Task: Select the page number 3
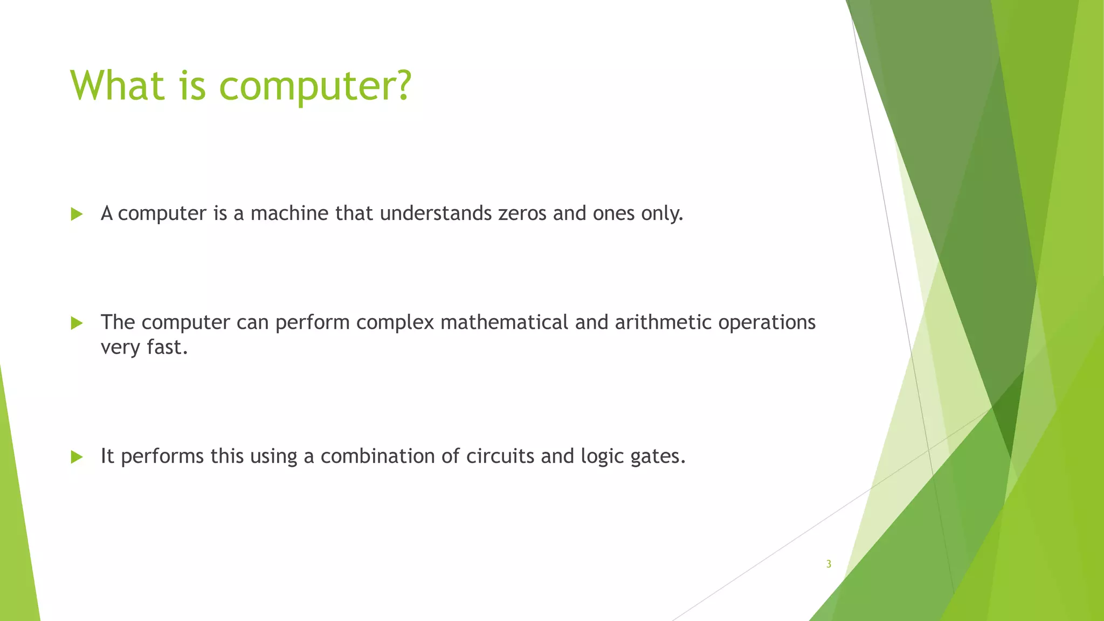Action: click(x=829, y=564)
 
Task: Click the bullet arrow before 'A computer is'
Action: click(x=77, y=215)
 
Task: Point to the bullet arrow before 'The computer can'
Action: click(x=77, y=323)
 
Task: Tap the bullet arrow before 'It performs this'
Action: click(x=77, y=458)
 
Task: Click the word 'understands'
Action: click(x=436, y=213)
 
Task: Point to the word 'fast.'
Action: click(x=167, y=347)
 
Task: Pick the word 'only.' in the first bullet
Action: click(x=662, y=213)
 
